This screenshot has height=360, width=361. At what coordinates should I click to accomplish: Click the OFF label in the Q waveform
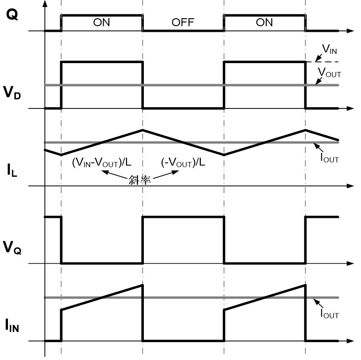[183, 22]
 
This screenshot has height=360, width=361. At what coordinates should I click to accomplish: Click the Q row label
[12, 15]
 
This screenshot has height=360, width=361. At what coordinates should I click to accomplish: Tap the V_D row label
[12, 93]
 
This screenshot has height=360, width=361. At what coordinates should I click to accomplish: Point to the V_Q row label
[12, 248]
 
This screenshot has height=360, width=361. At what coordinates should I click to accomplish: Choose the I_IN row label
[12, 325]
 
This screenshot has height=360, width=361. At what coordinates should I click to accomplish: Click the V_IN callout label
[329, 49]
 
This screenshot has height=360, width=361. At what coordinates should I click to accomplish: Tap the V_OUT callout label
[329, 72]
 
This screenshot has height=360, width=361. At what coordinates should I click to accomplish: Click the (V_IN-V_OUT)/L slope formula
[102, 163]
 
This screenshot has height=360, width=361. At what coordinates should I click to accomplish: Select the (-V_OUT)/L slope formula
[183, 163]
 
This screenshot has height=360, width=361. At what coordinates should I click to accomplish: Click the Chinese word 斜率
[140, 180]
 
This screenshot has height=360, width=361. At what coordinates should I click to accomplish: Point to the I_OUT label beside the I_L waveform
[330, 158]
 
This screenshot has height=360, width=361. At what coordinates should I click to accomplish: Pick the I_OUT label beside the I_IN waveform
[330, 313]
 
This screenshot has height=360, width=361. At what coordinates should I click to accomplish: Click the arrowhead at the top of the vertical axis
[45, 3]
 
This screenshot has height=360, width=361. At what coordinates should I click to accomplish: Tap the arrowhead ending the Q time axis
[350, 31]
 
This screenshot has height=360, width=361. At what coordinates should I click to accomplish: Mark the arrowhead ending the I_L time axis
[350, 186]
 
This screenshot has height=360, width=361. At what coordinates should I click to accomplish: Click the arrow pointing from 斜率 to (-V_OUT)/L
[166, 174]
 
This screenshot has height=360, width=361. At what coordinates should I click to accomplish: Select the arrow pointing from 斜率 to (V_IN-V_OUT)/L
[114, 174]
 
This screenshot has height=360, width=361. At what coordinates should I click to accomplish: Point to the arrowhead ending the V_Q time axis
[350, 263]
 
